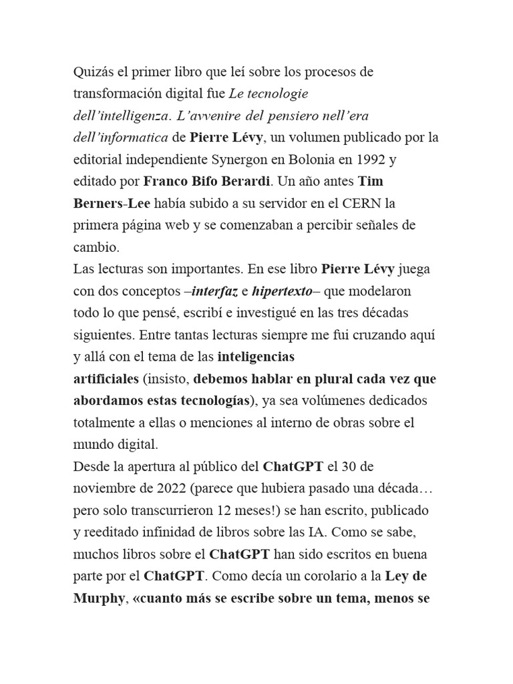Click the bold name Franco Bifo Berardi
tap(206, 182)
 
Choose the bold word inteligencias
tap(256, 357)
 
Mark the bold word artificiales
tap(106, 379)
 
